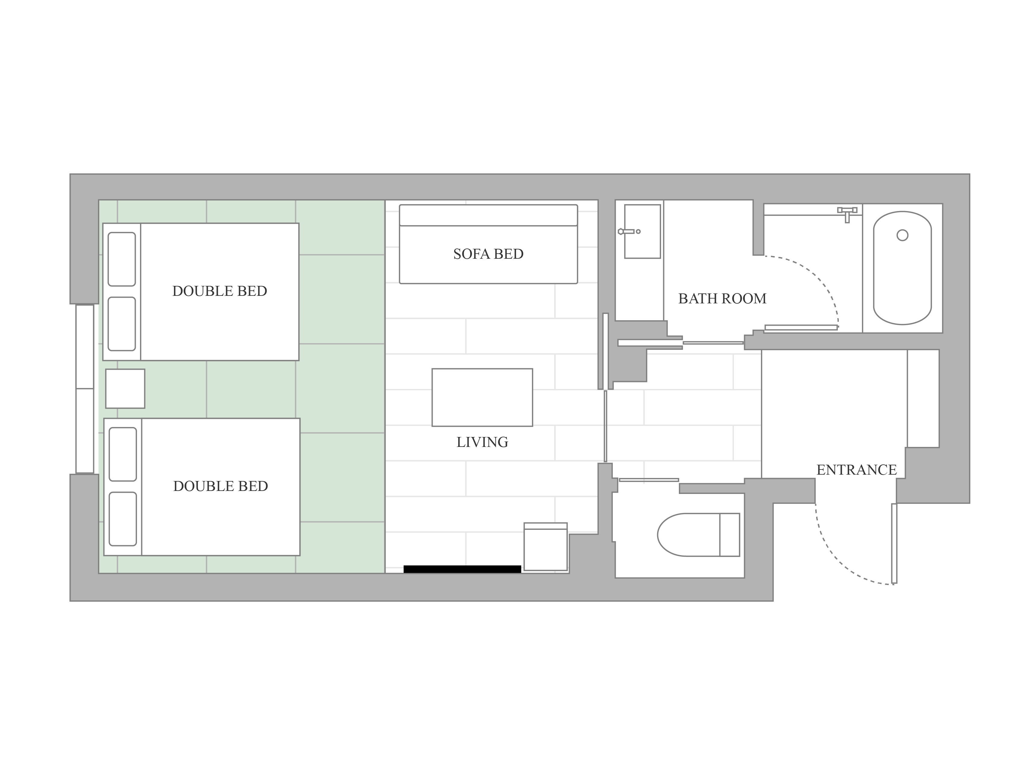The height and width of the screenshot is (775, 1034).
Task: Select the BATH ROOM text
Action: [722, 299]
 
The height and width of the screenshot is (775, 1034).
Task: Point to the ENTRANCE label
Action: [856, 470]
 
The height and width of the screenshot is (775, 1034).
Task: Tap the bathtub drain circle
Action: [902, 236]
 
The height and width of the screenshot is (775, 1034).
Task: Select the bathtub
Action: [902, 268]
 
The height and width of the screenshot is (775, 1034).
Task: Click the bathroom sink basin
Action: [642, 231]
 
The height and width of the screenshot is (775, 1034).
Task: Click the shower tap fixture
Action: [847, 214]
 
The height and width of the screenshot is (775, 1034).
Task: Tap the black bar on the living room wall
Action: [462, 569]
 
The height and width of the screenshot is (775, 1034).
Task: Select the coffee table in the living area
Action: [482, 397]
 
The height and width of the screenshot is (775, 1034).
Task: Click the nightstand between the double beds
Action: [125, 389]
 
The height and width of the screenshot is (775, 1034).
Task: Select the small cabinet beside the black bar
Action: [546, 546]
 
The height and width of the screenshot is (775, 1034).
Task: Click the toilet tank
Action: [730, 535]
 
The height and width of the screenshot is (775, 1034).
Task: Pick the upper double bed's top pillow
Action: [122, 259]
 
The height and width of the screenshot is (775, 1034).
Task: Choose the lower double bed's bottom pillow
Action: [122, 519]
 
